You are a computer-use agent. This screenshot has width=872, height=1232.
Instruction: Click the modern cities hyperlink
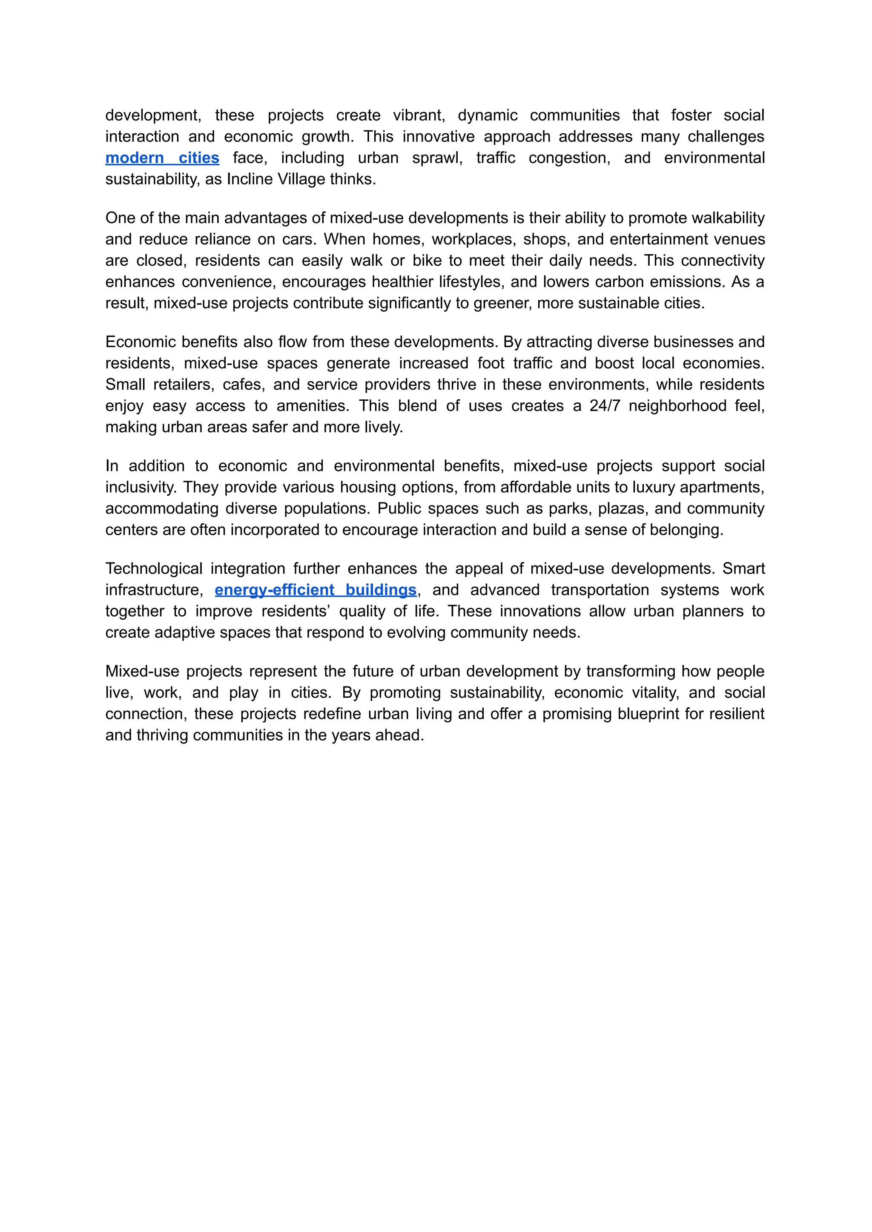[162, 158]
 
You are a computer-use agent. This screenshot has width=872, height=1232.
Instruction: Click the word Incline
[250, 179]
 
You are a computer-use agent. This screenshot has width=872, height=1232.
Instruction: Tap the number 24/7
[605, 405]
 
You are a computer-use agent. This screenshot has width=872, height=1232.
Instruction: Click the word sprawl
[437, 158]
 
